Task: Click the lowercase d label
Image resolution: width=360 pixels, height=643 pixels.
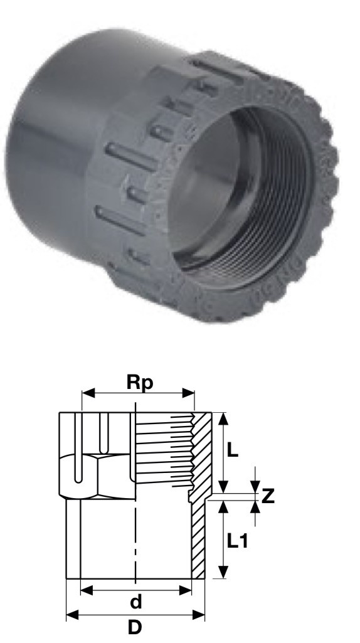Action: click(135, 603)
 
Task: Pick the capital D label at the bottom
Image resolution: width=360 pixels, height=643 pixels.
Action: click(135, 628)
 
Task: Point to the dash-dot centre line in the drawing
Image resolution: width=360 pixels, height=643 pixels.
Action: click(135, 533)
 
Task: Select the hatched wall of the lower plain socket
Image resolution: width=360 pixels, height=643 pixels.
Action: click(198, 539)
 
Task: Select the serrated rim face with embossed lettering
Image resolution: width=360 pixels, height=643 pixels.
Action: click(314, 207)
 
